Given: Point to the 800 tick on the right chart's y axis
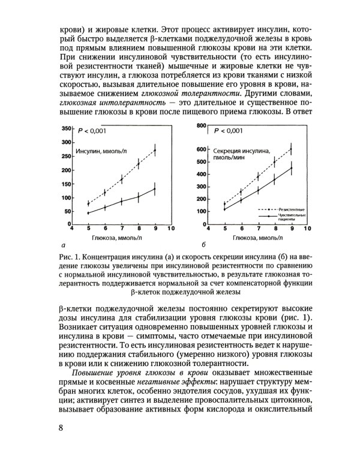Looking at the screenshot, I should (x=202, y=126).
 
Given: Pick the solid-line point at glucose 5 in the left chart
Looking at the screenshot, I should (x=88, y=213).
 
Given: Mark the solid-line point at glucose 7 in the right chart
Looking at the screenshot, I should (x=259, y=190).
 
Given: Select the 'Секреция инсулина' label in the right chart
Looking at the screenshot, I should (x=242, y=151).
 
